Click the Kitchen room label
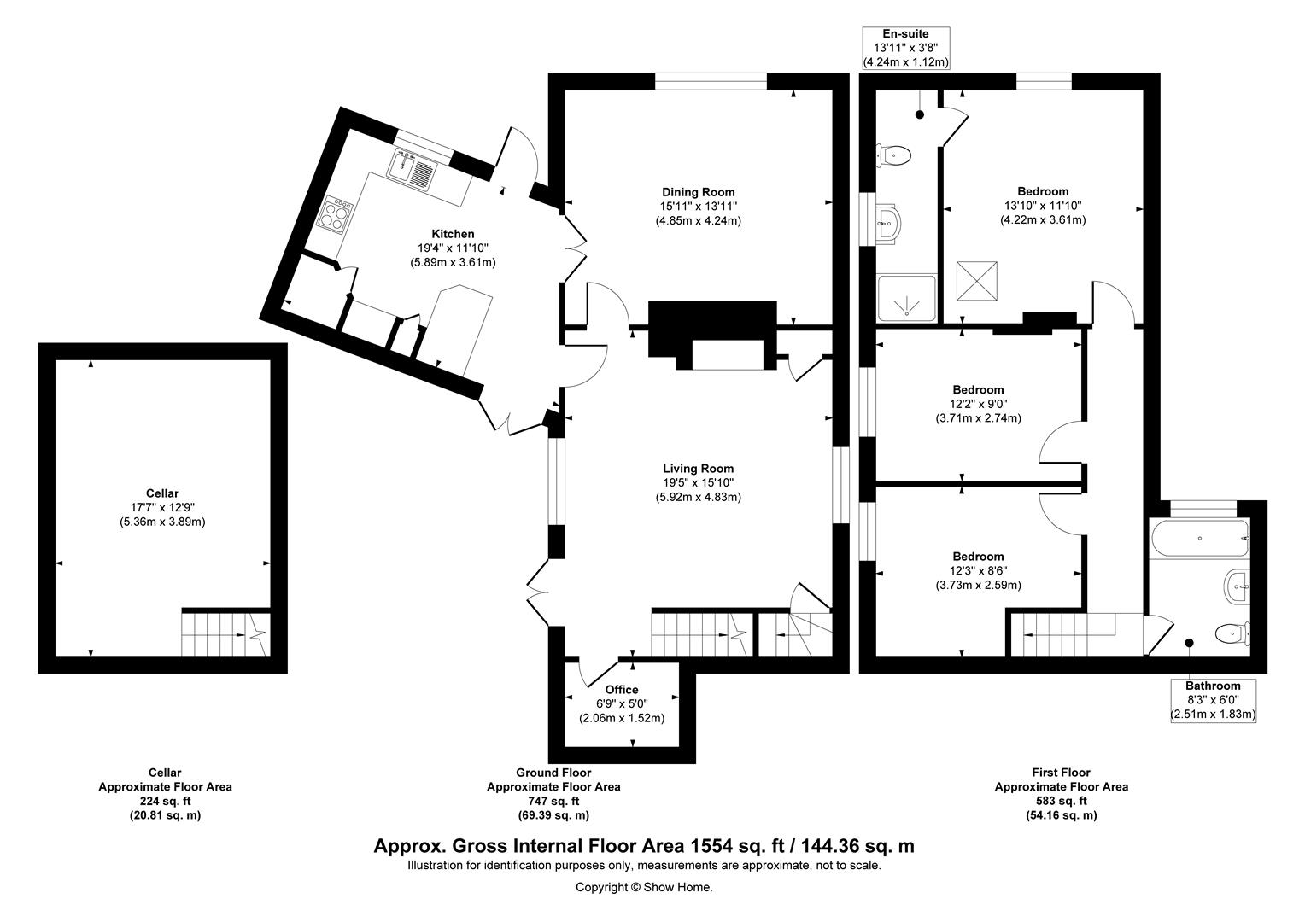[453, 234]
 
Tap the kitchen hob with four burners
[336, 214]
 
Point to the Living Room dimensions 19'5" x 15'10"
[698, 483]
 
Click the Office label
[622, 690]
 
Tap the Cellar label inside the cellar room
[162, 493]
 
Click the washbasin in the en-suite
[887, 222]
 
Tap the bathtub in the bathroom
[1199, 538]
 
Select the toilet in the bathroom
[1232, 633]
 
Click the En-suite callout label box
[906, 49]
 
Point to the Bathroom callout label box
[1213, 701]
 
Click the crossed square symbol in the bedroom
[977, 282]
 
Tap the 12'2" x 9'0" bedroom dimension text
[978, 404]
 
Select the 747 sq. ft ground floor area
[553, 801]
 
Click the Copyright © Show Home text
[644, 887]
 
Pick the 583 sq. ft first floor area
[1061, 801]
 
